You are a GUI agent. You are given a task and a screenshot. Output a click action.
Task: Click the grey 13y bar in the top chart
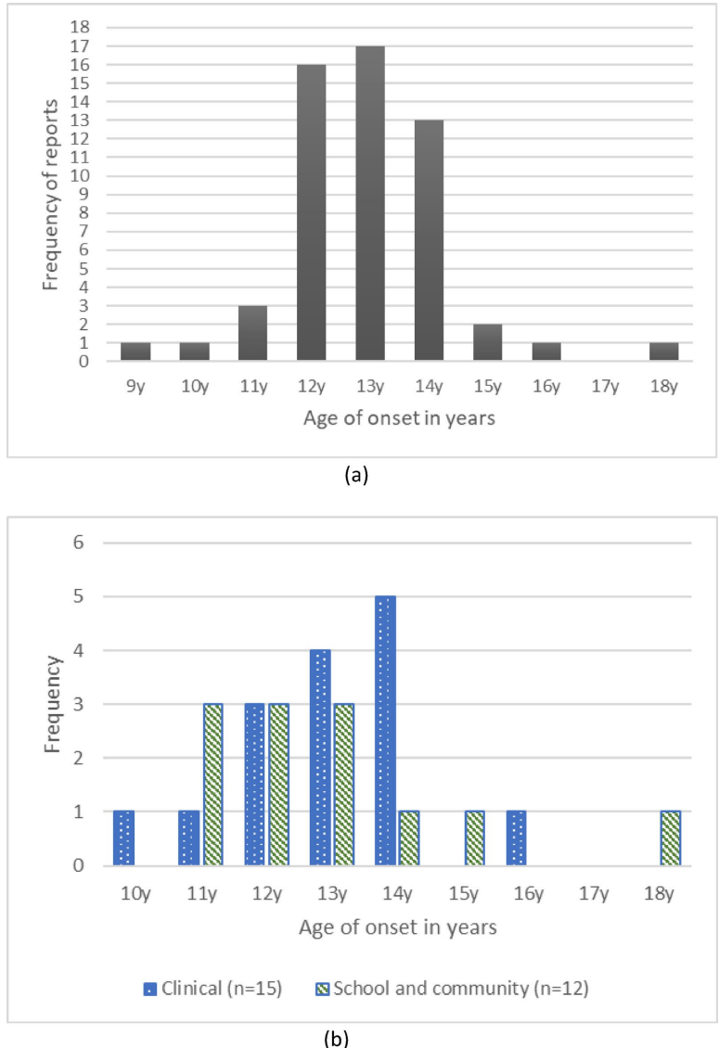click(x=370, y=203)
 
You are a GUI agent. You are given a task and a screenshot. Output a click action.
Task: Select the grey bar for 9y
click(x=135, y=351)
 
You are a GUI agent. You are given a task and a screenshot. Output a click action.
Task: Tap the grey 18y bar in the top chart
click(x=664, y=351)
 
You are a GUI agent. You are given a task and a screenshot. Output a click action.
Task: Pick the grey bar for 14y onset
click(x=430, y=240)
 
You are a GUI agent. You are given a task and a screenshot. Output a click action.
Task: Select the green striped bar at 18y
click(x=671, y=838)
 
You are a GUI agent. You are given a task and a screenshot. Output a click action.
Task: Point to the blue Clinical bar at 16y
click(x=518, y=838)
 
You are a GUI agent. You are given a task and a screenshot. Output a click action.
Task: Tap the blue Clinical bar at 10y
click(x=124, y=838)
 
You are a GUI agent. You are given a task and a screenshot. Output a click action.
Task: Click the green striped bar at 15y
click(x=474, y=838)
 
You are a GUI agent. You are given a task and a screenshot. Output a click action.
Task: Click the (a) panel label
click(x=356, y=475)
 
